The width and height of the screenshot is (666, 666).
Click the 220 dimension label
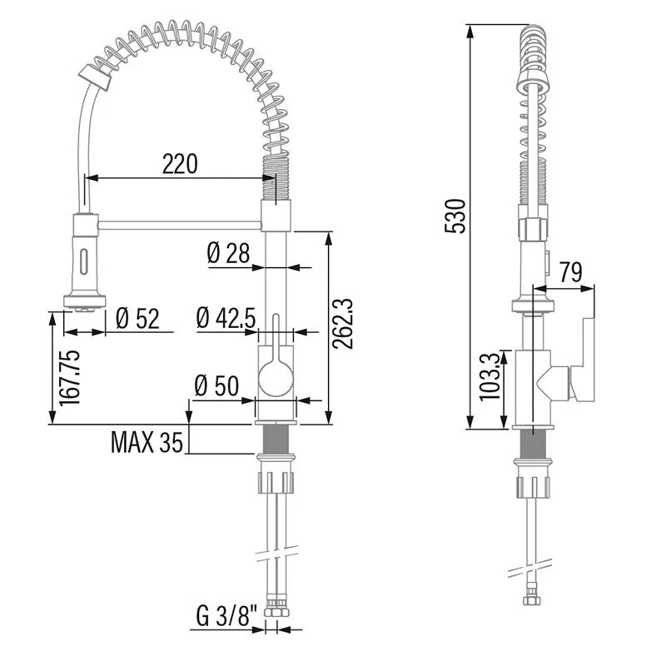click(x=180, y=164)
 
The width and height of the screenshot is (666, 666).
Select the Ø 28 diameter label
click(x=228, y=254)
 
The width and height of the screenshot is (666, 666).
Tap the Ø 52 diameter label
click(x=137, y=319)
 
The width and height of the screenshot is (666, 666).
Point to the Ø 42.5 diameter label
click(x=226, y=318)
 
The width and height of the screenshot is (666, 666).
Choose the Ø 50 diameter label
click(x=216, y=385)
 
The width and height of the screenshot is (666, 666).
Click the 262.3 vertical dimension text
click(x=343, y=324)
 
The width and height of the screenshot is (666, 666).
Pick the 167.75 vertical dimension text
click(x=69, y=378)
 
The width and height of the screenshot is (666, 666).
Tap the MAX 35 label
click(x=147, y=442)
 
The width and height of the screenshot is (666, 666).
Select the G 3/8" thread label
click(x=226, y=616)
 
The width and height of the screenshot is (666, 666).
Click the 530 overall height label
click(x=455, y=216)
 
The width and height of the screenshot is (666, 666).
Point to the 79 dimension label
click(x=570, y=272)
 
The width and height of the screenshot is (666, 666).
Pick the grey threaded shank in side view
click(x=533, y=444)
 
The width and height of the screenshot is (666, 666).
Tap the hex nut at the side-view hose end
click(x=532, y=599)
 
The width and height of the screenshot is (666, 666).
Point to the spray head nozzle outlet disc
click(x=85, y=300)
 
